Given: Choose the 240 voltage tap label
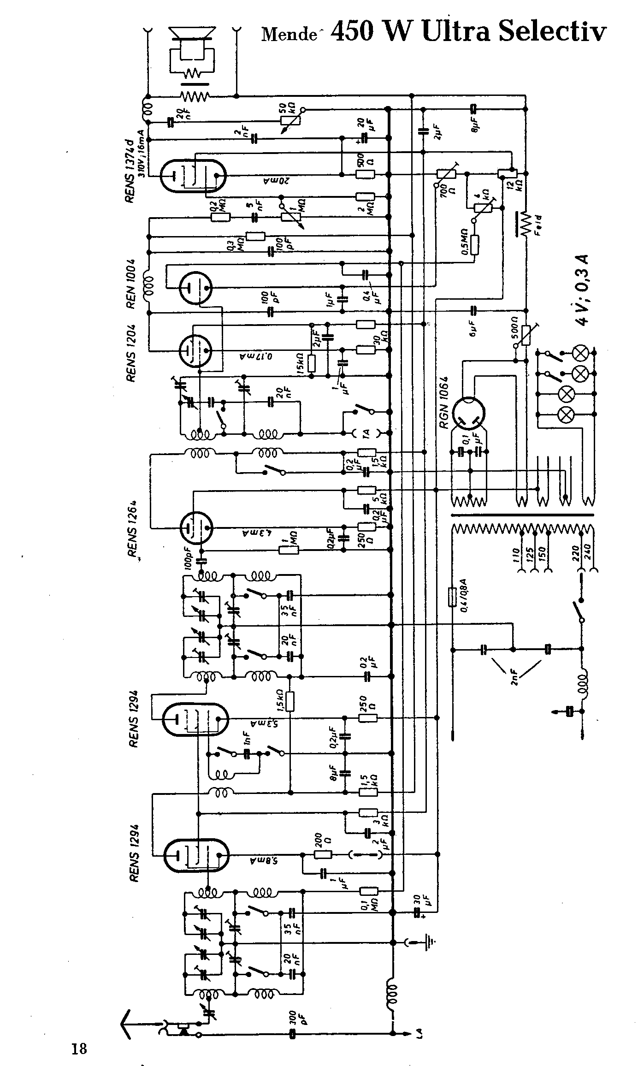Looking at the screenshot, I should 588,551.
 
